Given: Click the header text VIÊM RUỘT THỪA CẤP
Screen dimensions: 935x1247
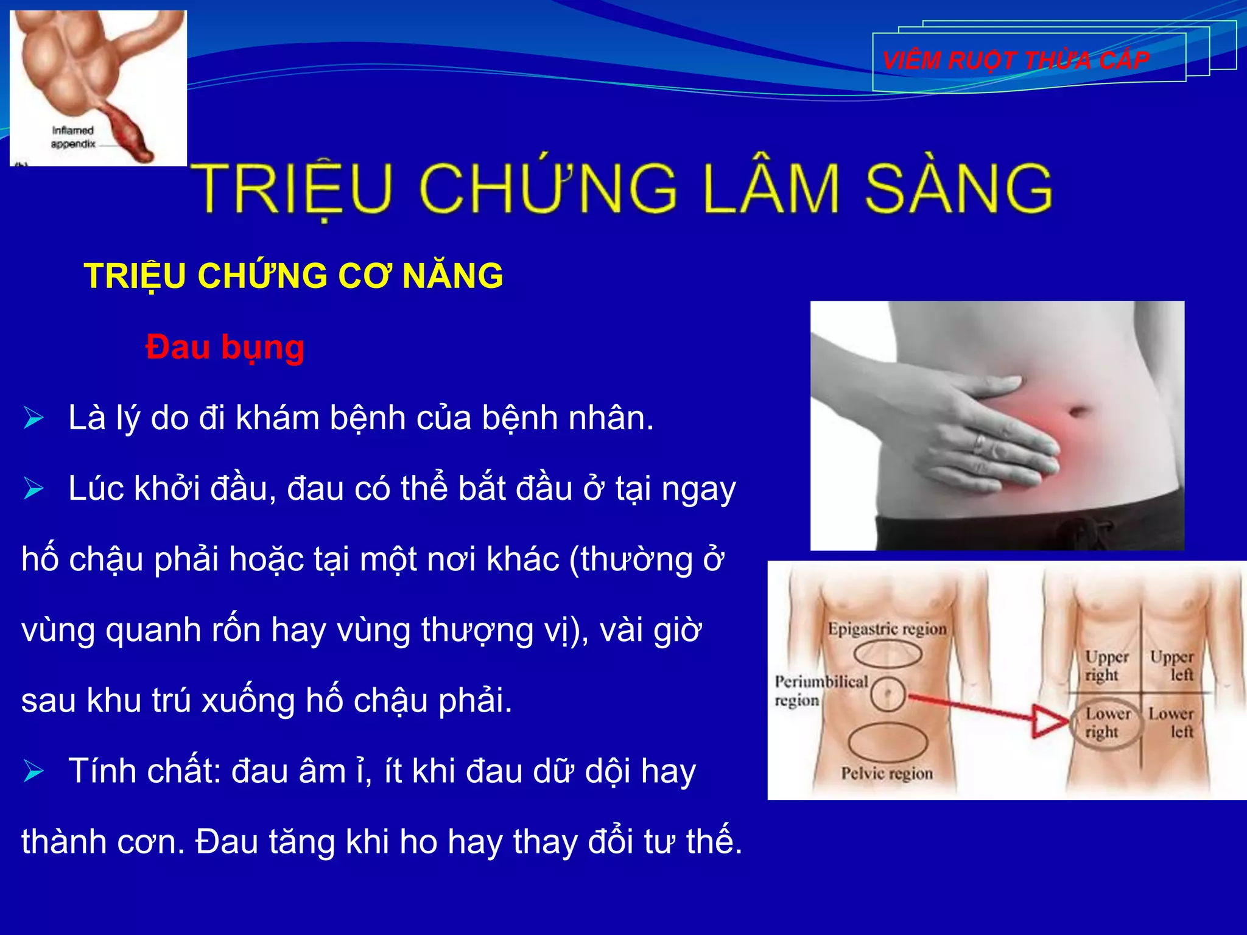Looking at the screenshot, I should [x=1016, y=60].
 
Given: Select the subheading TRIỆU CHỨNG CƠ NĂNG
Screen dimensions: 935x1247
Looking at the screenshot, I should [x=293, y=276].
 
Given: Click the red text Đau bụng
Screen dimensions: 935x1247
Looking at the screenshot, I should [x=225, y=348].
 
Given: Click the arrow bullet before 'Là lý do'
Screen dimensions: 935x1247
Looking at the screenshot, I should [x=33, y=418].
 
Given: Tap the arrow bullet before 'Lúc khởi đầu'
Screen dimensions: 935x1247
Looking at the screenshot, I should [x=33, y=489].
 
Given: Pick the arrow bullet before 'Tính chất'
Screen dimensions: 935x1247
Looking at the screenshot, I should [x=33, y=771].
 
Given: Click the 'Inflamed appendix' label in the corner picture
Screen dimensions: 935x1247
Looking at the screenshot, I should [x=73, y=137].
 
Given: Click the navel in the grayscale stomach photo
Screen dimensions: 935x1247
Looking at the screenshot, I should [x=1078, y=411].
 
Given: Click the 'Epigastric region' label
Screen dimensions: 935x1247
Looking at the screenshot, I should [x=887, y=629].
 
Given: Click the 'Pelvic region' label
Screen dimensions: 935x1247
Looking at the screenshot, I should [x=887, y=773].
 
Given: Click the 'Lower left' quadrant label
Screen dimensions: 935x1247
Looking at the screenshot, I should [x=1171, y=722].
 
